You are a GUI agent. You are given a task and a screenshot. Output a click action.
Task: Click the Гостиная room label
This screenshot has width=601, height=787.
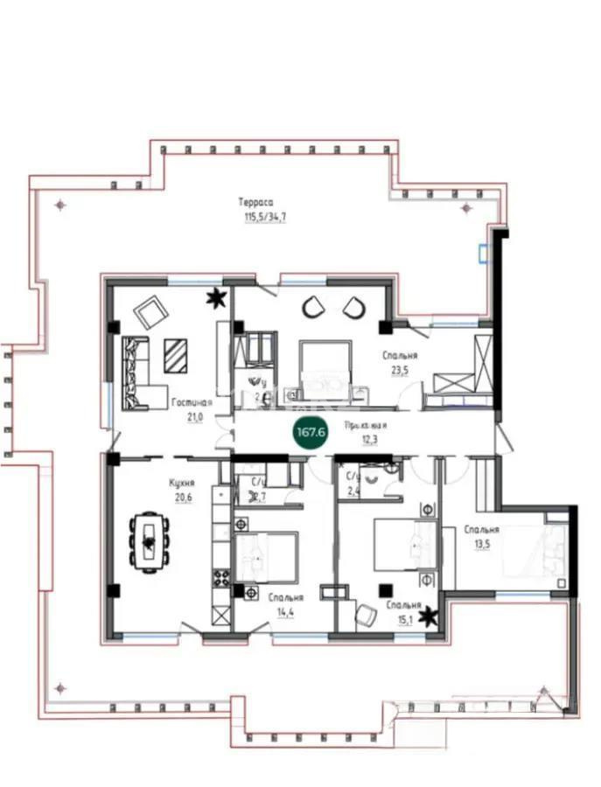192,403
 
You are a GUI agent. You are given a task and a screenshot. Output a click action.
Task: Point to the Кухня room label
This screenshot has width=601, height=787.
182,482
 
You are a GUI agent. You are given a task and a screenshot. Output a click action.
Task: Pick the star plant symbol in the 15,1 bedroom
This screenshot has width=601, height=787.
429,618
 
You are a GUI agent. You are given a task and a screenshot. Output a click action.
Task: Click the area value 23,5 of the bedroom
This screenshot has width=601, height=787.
399,369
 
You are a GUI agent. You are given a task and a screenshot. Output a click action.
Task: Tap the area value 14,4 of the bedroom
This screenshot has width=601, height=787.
286,611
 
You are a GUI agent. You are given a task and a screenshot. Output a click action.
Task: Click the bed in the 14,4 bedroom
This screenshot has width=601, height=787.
266,556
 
